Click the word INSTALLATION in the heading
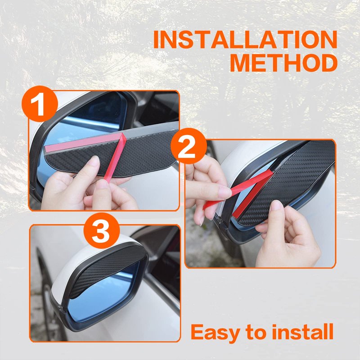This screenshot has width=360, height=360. (x=245, y=40)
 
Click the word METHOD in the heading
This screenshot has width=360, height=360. (x=284, y=63)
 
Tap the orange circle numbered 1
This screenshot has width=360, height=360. (x=40, y=104)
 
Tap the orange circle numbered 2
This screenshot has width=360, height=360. (x=189, y=146)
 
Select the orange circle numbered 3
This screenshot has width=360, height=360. (x=102, y=231)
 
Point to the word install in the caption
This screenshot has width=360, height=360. (x=302, y=332)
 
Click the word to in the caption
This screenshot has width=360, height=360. (x=256, y=333)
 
